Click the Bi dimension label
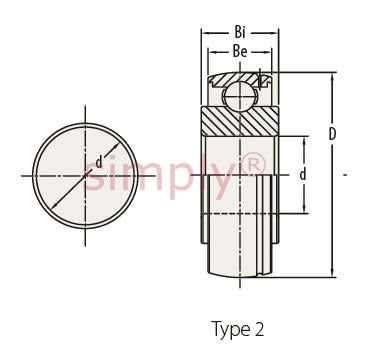pyautogui.click(x=240, y=32)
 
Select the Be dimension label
pyautogui.click(x=240, y=52)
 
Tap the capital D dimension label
pyautogui.click(x=332, y=134)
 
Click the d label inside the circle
pyautogui.click(x=99, y=162)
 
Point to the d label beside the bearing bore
pyautogui.click(x=303, y=174)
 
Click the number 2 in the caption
pyautogui.click(x=259, y=329)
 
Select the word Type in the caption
pyautogui.click(x=231, y=330)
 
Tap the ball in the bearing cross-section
pyautogui.click(x=240, y=97)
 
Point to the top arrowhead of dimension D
pyautogui.click(x=332, y=77)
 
